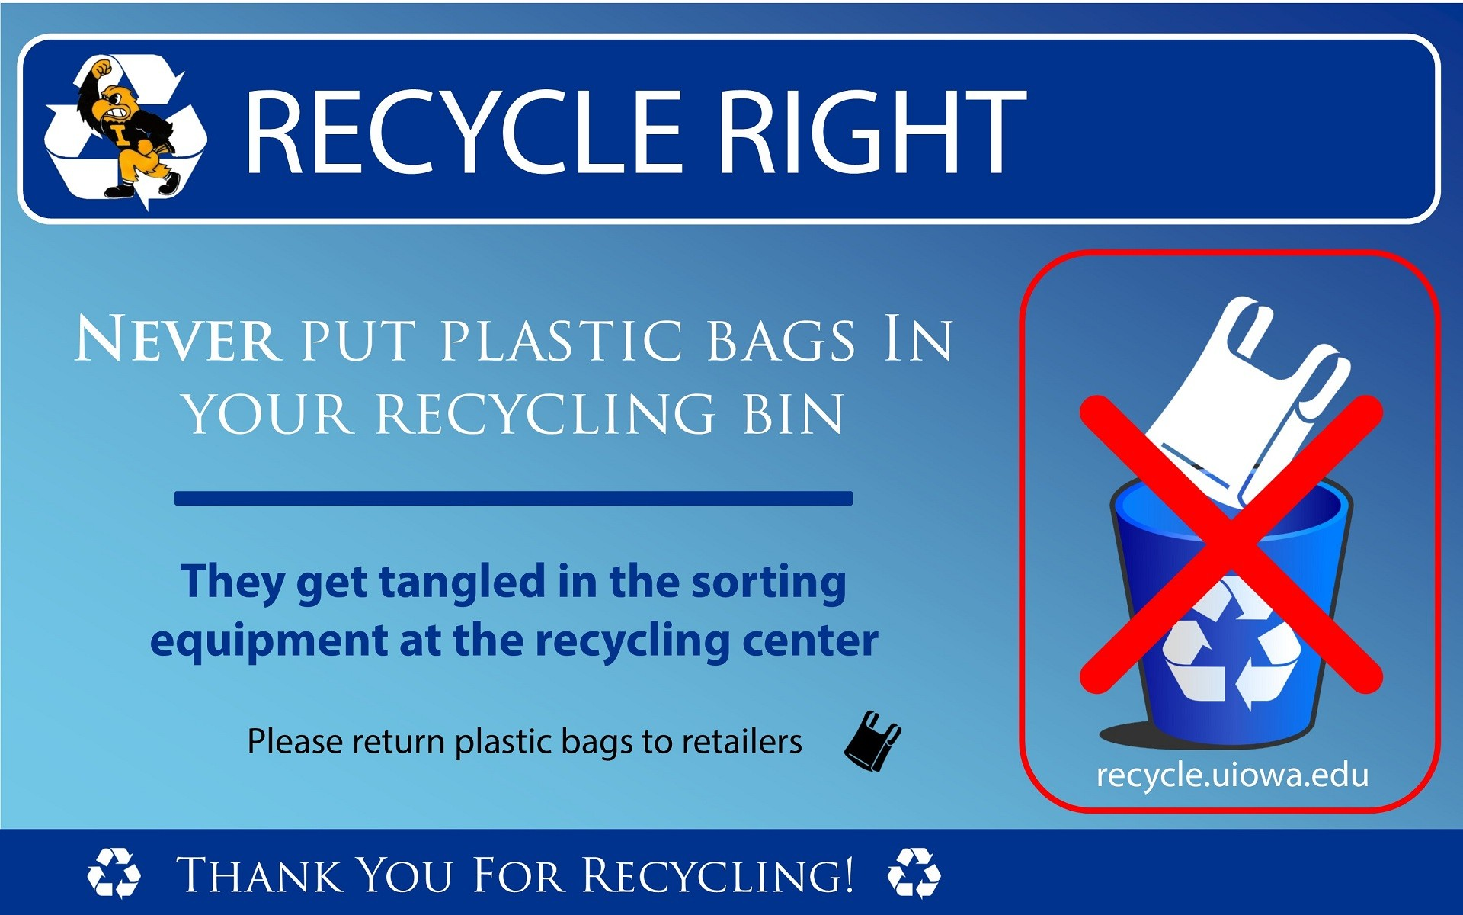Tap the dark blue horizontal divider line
[x=514, y=498]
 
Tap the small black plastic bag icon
[x=872, y=741]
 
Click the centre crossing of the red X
[x=1231, y=544]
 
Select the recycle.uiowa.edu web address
[x=1232, y=775]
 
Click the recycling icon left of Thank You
[x=114, y=873]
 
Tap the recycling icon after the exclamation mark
[x=914, y=873]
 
